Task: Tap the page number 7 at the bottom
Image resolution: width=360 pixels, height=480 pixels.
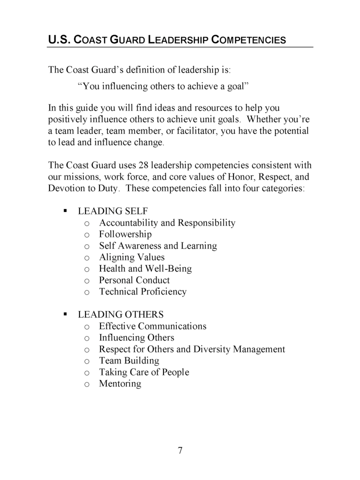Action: pos(180,450)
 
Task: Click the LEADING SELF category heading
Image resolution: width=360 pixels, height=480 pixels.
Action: pos(112,211)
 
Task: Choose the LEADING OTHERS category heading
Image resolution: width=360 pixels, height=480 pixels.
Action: pos(120,314)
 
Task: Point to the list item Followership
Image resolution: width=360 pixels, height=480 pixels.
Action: pos(125,234)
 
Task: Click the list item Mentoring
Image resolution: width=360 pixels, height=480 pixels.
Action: pos(120,384)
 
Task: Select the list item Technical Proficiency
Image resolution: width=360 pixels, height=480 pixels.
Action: pos(142,291)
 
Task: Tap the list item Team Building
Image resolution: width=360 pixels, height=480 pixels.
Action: pos(129,360)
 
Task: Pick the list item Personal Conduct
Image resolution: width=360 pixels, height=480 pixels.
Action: pos(134,280)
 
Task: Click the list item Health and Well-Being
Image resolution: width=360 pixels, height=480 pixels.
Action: pos(145,268)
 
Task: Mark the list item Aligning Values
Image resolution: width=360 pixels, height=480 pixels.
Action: pos(131,257)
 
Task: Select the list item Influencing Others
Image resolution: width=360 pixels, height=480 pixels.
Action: pos(136,337)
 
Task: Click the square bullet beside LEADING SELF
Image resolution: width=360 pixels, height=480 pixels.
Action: pos(65,211)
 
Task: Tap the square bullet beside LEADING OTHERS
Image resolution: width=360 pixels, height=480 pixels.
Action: pos(65,314)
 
